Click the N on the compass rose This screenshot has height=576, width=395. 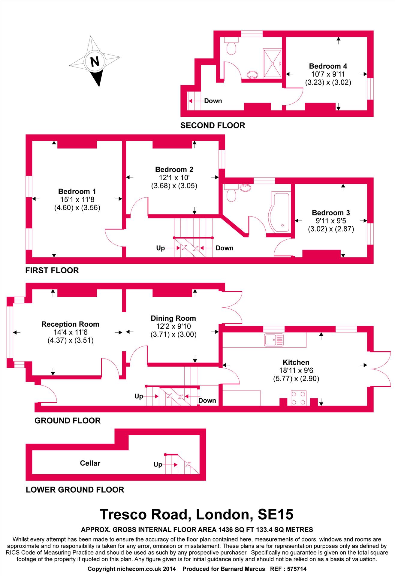95,62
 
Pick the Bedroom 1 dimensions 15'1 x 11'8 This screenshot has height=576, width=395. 77,199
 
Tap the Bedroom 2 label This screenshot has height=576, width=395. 174,169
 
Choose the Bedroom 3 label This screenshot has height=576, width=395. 331,213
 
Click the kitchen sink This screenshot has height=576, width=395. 273,340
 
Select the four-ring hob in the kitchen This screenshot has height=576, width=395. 299,398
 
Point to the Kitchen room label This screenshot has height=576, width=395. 296,362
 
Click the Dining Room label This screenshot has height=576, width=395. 173,318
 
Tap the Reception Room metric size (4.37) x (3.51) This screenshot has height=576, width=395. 70,340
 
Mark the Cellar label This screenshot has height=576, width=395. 90,463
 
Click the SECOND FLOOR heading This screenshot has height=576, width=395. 213,125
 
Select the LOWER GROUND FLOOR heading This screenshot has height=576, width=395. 75,490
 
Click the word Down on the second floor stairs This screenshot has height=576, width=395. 213,101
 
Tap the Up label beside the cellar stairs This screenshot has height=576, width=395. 158,464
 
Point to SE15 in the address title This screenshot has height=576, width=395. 275,514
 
